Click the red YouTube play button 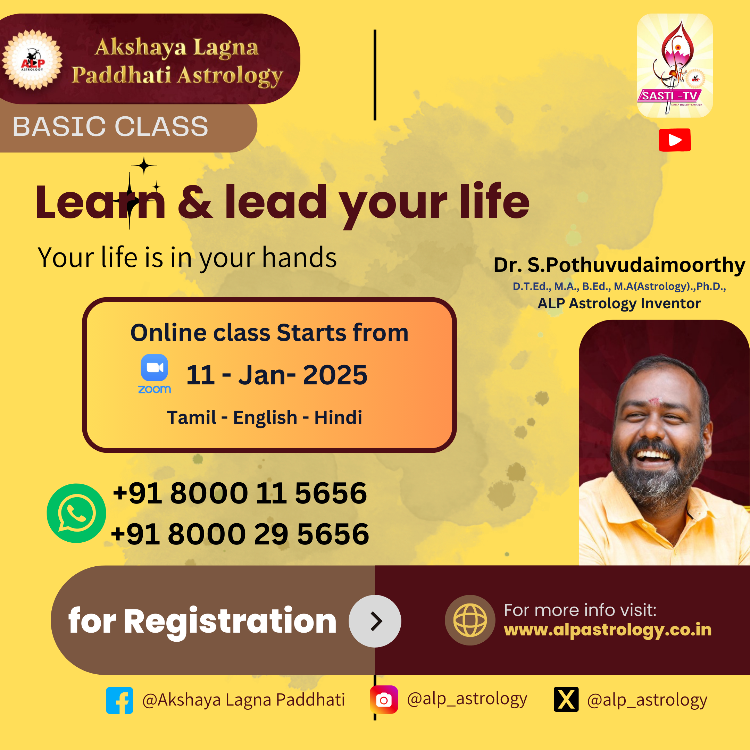675,140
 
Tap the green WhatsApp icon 76,513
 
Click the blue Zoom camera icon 155,368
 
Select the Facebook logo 119,700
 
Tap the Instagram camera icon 384,700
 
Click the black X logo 566,699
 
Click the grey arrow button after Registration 375,621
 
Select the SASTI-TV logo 675,66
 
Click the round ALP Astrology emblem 32,60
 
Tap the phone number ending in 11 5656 240,493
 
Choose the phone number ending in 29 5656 240,534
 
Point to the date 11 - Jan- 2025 277,375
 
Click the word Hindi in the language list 338,417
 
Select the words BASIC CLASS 111,126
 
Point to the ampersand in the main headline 195,202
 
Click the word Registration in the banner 230,622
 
